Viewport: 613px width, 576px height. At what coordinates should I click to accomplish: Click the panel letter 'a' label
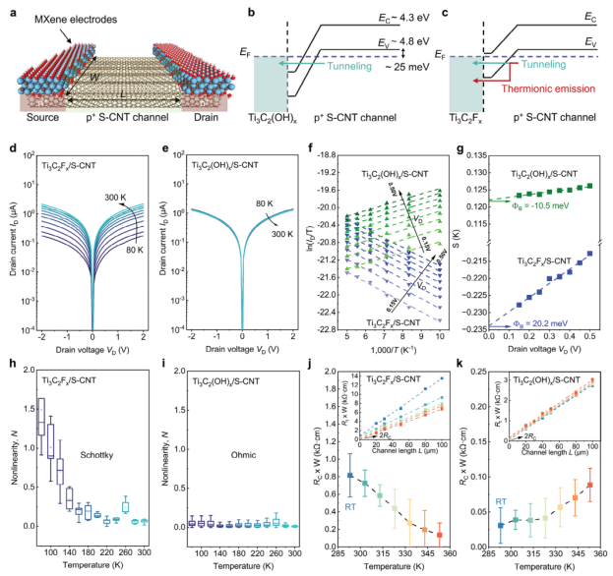(7, 8)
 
